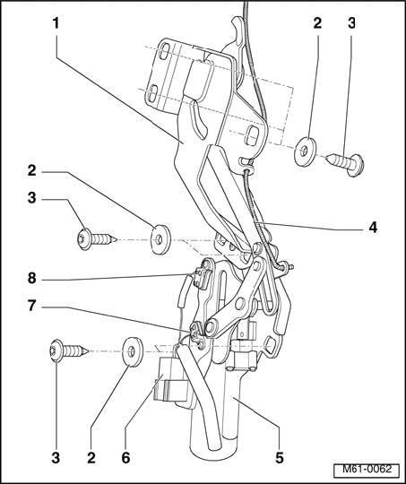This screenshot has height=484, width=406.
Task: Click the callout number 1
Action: click(56, 23)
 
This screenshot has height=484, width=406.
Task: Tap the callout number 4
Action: click(373, 228)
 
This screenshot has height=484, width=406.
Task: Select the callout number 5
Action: click(280, 457)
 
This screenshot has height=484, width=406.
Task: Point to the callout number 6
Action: click(125, 457)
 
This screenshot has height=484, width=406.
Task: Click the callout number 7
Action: click(31, 307)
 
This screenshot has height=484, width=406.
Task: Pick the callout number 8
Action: click(31, 279)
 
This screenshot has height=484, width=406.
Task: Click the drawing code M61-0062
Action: click(367, 470)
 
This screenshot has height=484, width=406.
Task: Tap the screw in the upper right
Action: click(346, 164)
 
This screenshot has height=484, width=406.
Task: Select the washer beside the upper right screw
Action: click(306, 151)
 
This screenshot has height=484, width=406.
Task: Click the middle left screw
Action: click(96, 238)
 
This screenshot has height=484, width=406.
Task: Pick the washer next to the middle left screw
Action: click(160, 239)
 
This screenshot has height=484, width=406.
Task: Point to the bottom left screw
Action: click(69, 350)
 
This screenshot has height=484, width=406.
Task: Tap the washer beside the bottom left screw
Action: click(133, 352)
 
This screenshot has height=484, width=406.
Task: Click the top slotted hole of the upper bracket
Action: click(165, 52)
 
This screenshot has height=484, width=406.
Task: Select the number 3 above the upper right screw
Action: click(351, 23)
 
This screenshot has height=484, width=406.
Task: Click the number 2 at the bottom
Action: click(91, 457)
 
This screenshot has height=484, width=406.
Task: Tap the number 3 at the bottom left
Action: click(56, 457)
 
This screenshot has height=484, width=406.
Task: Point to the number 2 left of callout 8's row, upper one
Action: click(31, 170)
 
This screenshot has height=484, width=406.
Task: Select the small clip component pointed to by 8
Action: click(203, 278)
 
